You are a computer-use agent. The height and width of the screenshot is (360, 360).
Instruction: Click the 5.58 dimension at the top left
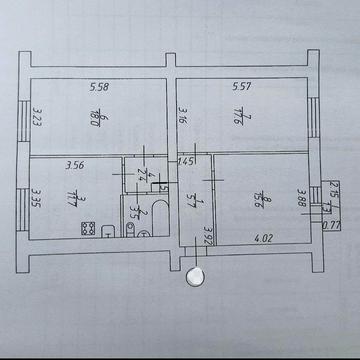click(x=98, y=87)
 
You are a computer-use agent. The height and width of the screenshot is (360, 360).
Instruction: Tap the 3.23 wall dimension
click(x=35, y=121)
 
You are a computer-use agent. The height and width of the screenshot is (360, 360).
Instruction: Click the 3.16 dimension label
click(x=184, y=121)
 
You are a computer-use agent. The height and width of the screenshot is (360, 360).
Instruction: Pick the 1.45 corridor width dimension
click(x=185, y=161)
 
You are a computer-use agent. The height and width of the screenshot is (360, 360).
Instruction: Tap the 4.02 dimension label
click(x=263, y=238)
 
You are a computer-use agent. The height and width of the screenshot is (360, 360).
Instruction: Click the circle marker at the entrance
click(x=190, y=277)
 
